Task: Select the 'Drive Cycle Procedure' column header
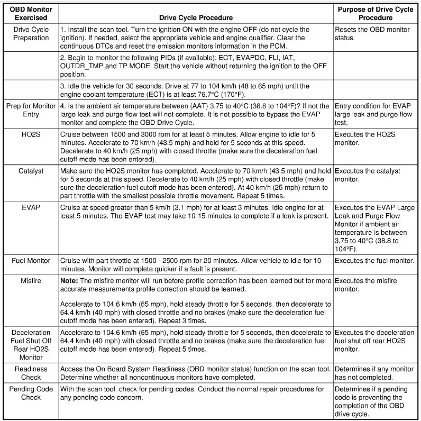195,17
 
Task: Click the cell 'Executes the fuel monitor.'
374,261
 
